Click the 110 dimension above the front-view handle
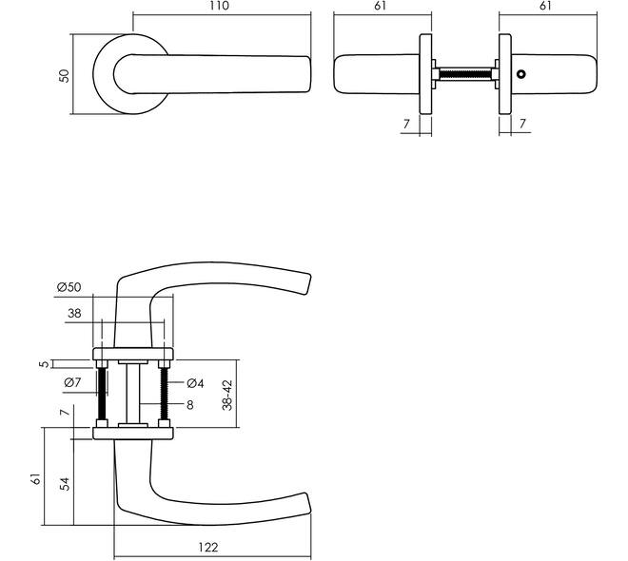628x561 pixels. click(x=219, y=6)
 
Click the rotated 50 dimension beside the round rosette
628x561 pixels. click(x=64, y=76)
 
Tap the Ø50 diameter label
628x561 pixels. click(x=69, y=287)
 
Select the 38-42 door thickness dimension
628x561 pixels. click(x=227, y=395)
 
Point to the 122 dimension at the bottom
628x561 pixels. click(x=208, y=547)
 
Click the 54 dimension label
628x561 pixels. click(x=65, y=484)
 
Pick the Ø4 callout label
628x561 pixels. click(x=195, y=383)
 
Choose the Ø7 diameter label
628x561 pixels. click(x=72, y=382)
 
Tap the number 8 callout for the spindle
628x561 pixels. click(x=190, y=405)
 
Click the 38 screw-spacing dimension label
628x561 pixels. click(x=74, y=314)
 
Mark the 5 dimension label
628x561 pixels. click(x=45, y=364)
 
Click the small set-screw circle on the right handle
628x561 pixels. click(x=520, y=74)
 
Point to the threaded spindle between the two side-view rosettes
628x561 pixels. click(x=465, y=74)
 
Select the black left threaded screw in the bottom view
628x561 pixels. click(x=102, y=394)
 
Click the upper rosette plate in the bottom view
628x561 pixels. click(x=133, y=354)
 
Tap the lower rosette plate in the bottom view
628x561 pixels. click(x=133, y=434)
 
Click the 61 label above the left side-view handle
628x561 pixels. click(x=380, y=6)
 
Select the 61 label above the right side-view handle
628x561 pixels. click(x=545, y=6)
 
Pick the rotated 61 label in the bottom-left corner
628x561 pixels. click(x=36, y=479)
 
